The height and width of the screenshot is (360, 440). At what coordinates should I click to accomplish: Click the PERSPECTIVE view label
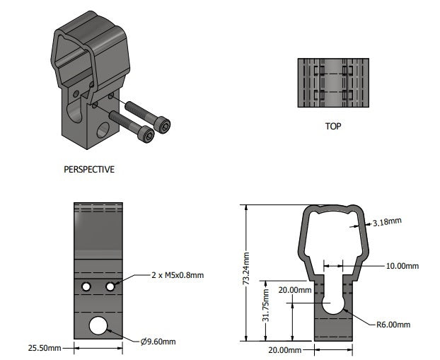[89, 170]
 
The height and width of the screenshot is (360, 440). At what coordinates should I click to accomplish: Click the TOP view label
[333, 128]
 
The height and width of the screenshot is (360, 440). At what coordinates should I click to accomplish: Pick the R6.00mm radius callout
[393, 325]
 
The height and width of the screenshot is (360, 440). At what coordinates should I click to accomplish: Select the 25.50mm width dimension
[45, 348]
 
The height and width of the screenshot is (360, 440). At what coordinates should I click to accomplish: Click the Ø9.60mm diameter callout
[158, 342]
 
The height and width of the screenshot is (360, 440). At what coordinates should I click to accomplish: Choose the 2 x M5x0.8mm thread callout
[177, 274]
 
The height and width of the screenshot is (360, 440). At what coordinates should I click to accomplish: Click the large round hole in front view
[98, 326]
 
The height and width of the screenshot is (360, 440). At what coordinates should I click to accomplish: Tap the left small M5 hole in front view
[86, 286]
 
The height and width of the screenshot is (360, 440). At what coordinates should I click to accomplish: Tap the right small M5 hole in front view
[110, 286]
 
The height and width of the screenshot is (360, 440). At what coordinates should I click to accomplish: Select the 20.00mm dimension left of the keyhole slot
[295, 290]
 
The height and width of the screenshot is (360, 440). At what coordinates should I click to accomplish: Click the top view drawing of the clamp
[333, 83]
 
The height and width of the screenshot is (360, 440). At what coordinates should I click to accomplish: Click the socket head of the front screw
[146, 134]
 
